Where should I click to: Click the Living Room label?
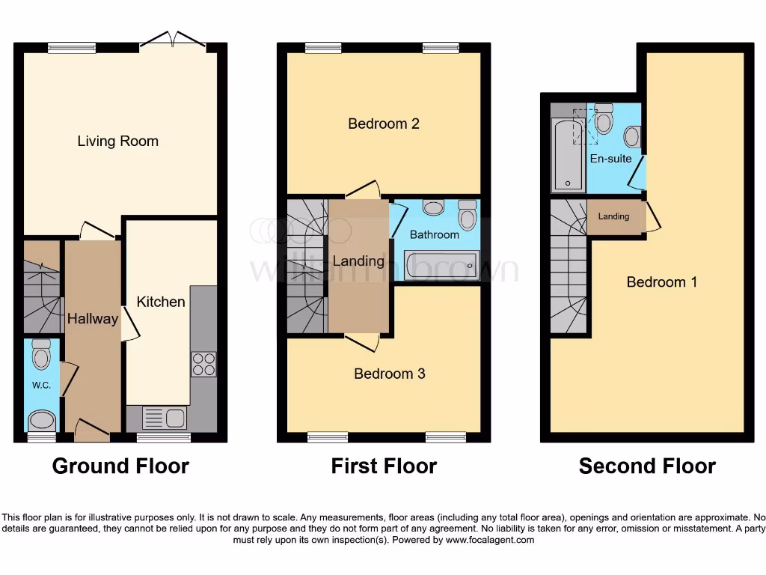117,142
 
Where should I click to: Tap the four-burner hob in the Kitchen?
203,364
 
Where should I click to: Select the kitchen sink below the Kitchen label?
164,417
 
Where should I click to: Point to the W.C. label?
41,386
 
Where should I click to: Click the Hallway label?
93,319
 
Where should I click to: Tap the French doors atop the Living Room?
172,41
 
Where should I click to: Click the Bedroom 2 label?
384,124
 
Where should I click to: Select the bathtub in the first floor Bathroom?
441,264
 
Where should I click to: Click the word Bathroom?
434,234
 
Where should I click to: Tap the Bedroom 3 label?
389,374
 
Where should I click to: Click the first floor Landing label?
358,261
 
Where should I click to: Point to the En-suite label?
610,159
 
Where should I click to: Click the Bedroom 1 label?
661,282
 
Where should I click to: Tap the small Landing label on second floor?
613,216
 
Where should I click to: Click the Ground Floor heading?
120,466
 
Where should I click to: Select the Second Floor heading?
647,466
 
